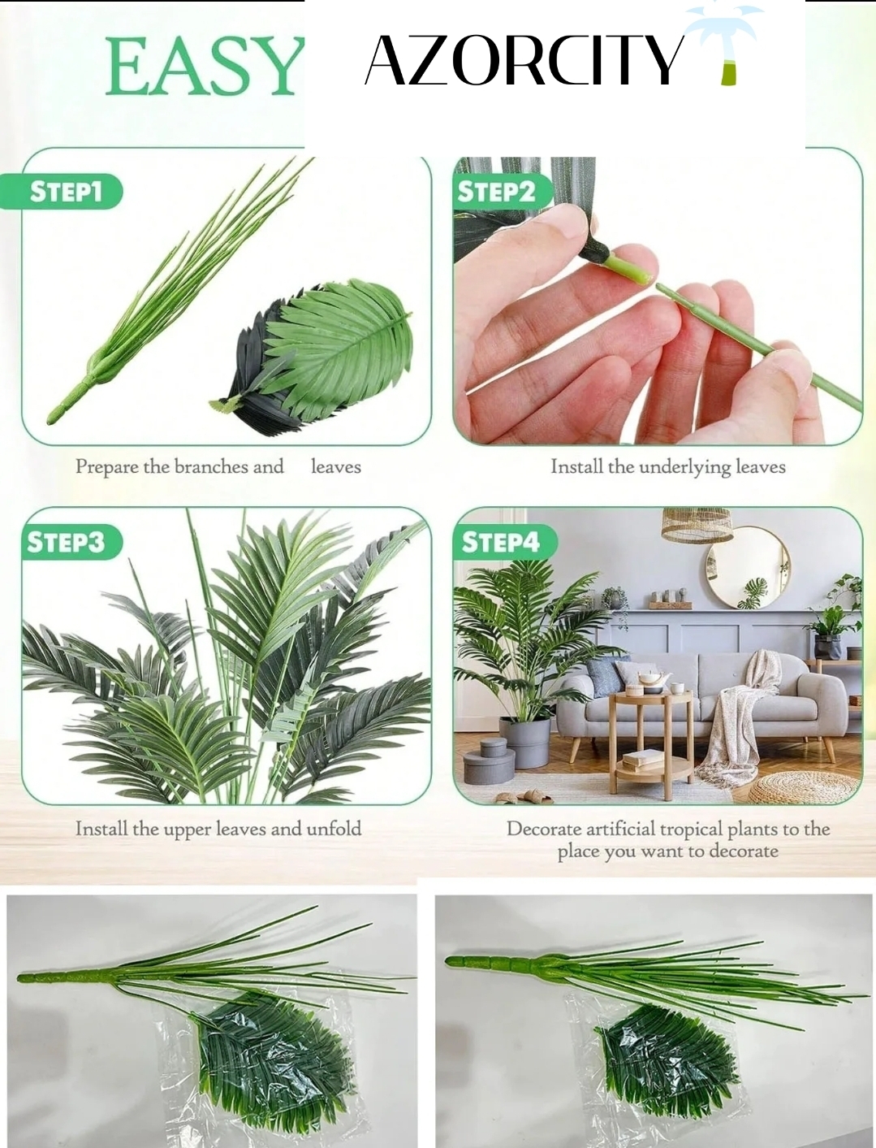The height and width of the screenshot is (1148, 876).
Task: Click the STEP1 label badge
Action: pos(61,192)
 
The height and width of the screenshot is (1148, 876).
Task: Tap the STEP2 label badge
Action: pos(501,192)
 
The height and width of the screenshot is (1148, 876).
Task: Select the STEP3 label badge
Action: pos(71,543)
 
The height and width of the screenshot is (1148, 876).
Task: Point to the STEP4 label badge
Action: pos(504,543)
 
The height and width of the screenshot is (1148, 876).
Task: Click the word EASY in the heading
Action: pos(205,67)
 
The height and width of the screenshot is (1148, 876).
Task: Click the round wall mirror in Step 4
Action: pos(748,568)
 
